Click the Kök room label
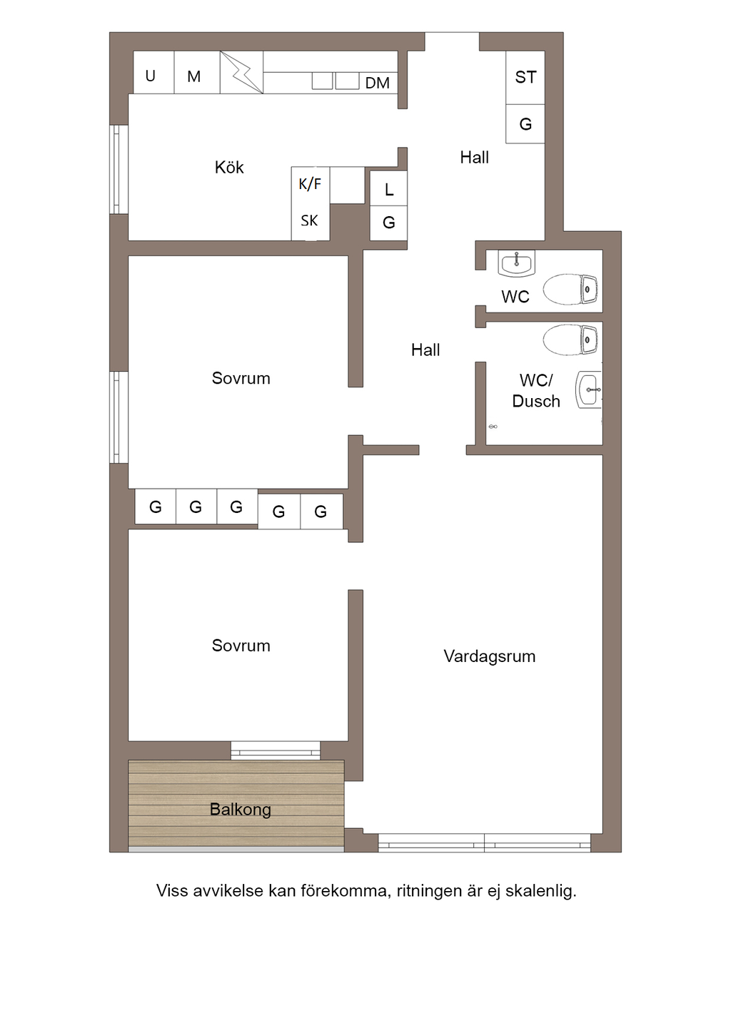click(x=229, y=168)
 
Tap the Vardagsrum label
click(x=489, y=656)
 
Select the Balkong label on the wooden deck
click(x=241, y=810)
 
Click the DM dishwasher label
click(x=377, y=83)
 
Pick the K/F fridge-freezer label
click(x=310, y=184)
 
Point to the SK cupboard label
click(x=309, y=220)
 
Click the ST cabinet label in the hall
click(x=525, y=77)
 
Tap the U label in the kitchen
click(x=151, y=76)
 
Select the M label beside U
click(x=193, y=76)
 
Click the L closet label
click(x=389, y=190)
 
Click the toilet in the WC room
click(x=570, y=290)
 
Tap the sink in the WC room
click(x=516, y=264)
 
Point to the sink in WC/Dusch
click(x=589, y=390)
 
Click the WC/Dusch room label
click(x=535, y=391)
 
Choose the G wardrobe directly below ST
click(x=525, y=124)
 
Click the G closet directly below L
click(x=389, y=223)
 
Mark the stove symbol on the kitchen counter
click(x=241, y=72)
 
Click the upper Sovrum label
click(x=241, y=378)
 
